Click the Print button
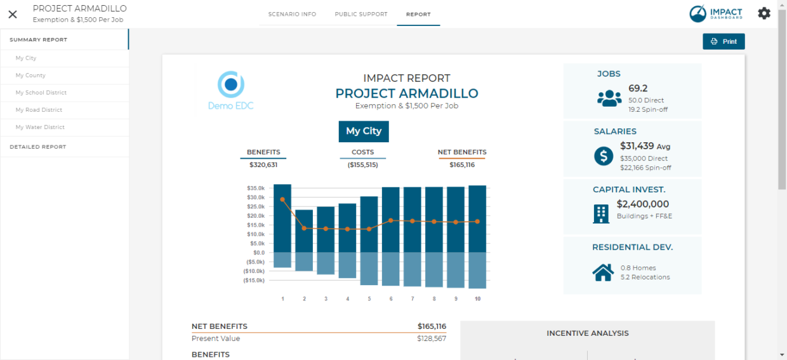[x=724, y=41]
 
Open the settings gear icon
[x=764, y=13]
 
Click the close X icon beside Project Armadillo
[x=13, y=14]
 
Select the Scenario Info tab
[x=292, y=14]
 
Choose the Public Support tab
[x=361, y=14]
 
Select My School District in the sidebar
[x=41, y=93]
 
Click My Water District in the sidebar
[x=40, y=127]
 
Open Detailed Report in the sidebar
[x=38, y=147]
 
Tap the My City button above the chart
[x=364, y=131]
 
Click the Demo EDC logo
[x=231, y=91]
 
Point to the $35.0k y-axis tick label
[x=256, y=189]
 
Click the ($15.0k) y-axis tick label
[x=255, y=280]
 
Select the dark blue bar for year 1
[x=282, y=218]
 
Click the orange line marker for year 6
[x=391, y=220]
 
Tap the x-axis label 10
[x=477, y=298]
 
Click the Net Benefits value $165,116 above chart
[x=462, y=165]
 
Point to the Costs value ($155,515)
[x=362, y=165]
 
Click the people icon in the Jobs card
[x=609, y=98]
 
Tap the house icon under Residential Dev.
[x=603, y=272]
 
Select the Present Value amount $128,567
[x=431, y=338]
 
